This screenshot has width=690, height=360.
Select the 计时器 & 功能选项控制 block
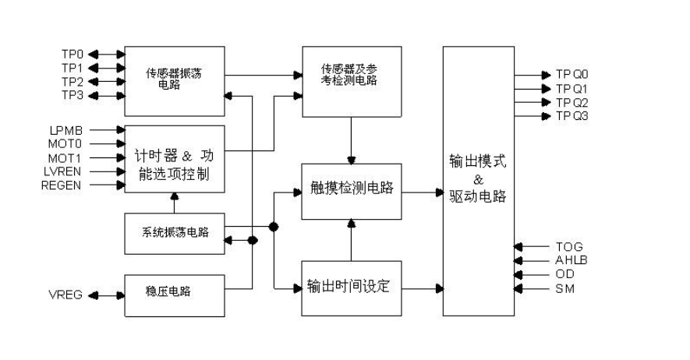pos(175,164)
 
